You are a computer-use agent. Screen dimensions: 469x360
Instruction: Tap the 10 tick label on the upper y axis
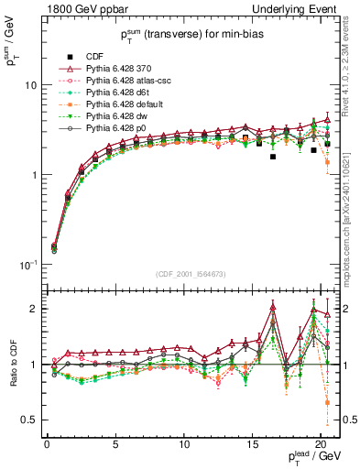[x=28, y=85]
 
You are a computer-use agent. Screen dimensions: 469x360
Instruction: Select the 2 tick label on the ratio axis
[x=33, y=309]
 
